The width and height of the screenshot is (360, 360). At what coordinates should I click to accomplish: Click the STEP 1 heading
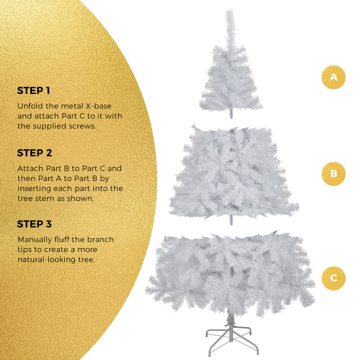[x=33, y=91]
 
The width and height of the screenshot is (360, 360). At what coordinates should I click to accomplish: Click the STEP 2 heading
[x=35, y=153]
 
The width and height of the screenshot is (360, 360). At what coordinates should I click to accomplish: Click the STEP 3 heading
[x=35, y=224]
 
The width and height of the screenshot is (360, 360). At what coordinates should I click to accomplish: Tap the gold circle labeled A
[x=333, y=77]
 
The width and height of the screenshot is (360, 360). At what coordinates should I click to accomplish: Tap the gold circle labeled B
[x=333, y=174]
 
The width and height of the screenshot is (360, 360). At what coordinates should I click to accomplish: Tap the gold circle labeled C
[x=333, y=278]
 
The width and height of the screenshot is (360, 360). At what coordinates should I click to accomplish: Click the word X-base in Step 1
[x=99, y=106]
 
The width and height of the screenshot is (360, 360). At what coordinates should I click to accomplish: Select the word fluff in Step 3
[x=65, y=239]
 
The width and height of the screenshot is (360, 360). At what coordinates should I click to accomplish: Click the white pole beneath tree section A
[x=231, y=114]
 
